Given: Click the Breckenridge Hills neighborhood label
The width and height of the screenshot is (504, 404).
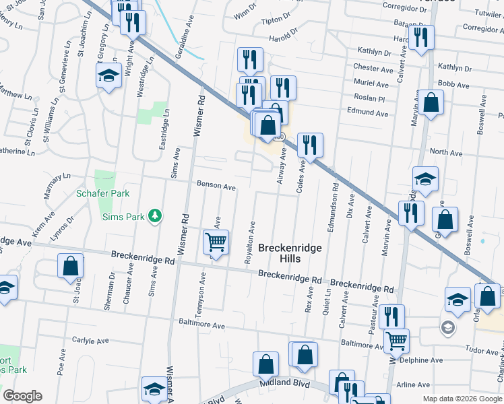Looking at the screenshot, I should [290, 254].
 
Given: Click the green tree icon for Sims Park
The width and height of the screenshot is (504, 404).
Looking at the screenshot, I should [156, 215].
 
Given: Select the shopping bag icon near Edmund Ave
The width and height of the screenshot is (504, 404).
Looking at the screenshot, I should [432, 103].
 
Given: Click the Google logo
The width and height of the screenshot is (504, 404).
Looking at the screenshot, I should [22, 396].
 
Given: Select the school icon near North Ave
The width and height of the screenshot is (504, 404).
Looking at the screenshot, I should [425, 179].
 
